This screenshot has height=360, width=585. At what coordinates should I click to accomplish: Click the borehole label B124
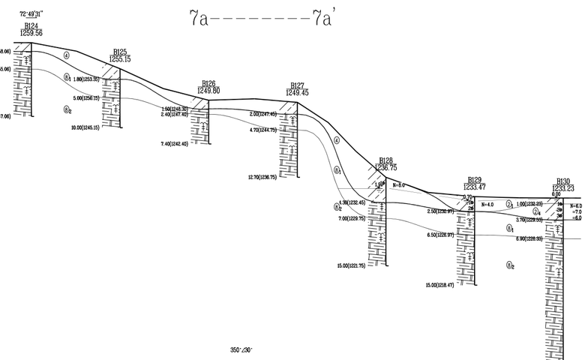(33, 26)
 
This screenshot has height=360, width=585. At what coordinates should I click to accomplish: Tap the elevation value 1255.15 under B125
(120, 58)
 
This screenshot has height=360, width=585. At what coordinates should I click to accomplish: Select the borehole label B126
(208, 84)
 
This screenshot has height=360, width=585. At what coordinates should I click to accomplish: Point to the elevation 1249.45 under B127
(297, 92)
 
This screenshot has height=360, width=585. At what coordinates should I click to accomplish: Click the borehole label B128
(385, 160)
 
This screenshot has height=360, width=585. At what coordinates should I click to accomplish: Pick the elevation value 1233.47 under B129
(475, 187)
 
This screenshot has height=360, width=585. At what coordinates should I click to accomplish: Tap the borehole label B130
(563, 181)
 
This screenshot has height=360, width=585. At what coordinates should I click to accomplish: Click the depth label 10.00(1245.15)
(85, 127)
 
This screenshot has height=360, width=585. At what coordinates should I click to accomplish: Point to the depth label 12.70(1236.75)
(262, 177)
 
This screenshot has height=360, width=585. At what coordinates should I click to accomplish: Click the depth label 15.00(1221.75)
(351, 265)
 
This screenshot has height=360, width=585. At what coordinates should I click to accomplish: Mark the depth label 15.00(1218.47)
(440, 285)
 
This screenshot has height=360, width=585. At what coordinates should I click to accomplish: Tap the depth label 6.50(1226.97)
(442, 235)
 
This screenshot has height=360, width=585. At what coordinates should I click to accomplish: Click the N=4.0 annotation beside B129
(486, 204)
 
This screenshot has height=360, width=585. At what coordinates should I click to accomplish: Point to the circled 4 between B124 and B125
(67, 55)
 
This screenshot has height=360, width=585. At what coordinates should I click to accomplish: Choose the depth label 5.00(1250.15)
(86, 98)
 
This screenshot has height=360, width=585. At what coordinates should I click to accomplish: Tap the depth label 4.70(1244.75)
(262, 130)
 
